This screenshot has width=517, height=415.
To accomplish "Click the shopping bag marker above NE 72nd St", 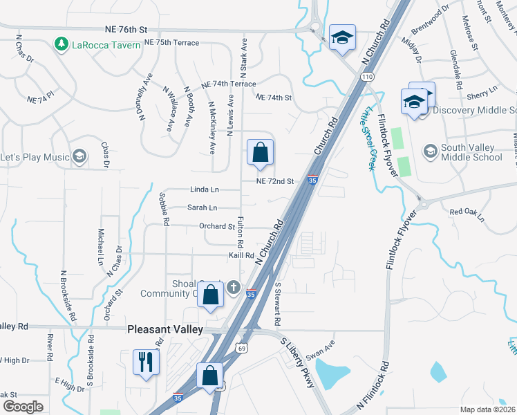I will tap(260, 153).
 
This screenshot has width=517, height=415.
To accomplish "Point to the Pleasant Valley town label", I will tap(165, 330).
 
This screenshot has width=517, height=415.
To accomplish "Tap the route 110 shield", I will tap(367, 75).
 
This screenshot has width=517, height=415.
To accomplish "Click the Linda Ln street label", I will tap(204, 190).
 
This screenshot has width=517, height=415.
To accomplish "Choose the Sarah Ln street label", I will tap(203, 207).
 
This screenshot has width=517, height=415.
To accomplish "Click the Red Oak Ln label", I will tap(467, 215).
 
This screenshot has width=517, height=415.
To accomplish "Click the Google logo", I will tap(23, 407).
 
